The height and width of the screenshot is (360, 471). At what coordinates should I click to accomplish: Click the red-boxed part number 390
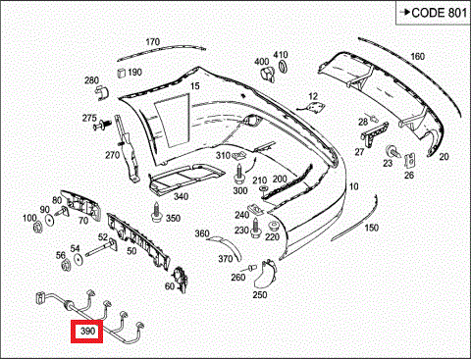(x=87, y=332)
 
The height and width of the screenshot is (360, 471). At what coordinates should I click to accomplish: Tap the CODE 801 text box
(x=433, y=13)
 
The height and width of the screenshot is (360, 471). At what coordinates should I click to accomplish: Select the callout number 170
(x=153, y=42)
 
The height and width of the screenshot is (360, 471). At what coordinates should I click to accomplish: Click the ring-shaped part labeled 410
(x=283, y=66)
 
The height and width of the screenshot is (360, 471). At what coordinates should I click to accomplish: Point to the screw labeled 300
(x=239, y=174)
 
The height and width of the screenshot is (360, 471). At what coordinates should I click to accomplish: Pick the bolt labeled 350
(x=156, y=212)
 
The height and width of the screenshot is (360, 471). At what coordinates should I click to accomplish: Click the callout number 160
(x=418, y=57)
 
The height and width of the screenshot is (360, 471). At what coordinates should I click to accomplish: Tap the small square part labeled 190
(x=122, y=73)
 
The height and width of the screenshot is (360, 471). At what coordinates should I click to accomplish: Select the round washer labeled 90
(x=50, y=221)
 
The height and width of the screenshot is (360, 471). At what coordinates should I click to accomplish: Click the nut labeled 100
(x=38, y=227)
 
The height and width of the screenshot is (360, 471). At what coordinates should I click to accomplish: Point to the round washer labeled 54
(x=78, y=260)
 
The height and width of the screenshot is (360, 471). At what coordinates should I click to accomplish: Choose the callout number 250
(x=260, y=294)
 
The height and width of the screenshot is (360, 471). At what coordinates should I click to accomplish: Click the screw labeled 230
(x=255, y=228)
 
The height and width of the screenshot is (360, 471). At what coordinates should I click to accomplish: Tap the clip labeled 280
(x=102, y=92)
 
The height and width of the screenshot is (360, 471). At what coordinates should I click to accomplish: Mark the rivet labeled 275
(x=102, y=125)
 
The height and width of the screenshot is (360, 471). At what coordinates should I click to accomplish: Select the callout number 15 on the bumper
(x=195, y=86)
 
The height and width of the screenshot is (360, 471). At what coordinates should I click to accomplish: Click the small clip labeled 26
(x=410, y=160)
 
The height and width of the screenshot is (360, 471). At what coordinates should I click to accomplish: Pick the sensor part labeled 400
(x=268, y=74)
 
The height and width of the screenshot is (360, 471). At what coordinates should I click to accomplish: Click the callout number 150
(x=372, y=228)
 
